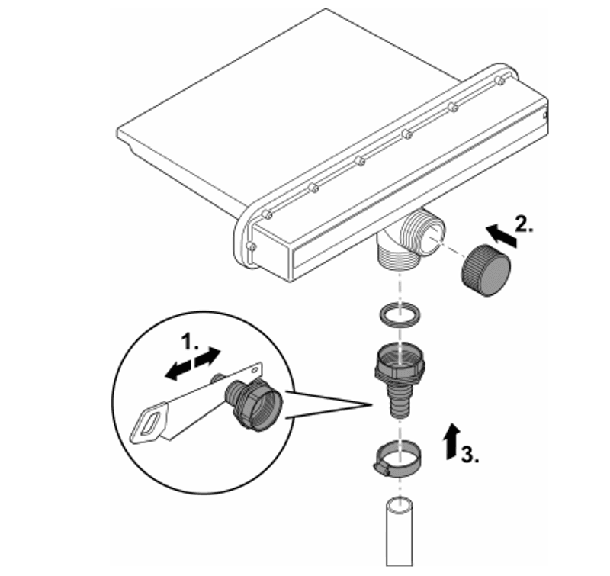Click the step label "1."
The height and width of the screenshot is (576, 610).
[191, 341]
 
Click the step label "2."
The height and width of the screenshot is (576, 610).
[525, 224]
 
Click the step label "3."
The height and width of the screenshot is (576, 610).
[470, 453]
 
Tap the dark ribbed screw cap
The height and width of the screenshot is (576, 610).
[486, 269]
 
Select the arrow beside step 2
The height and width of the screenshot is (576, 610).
[502, 235]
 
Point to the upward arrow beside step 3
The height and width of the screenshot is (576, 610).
[452, 441]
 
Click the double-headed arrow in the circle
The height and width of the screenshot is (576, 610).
[193, 363]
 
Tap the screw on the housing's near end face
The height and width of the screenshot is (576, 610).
[252, 246]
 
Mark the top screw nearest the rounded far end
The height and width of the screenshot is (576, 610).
[500, 82]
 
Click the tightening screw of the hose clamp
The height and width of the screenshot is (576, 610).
[382, 469]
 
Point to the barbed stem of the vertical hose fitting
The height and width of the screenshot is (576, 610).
[400, 400]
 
